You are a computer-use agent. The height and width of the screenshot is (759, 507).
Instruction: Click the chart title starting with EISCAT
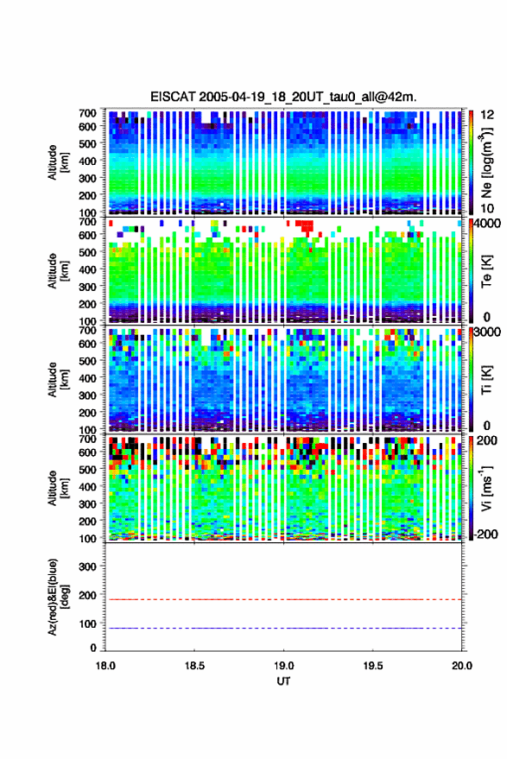283,97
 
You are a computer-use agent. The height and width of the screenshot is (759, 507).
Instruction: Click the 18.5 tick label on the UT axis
194,666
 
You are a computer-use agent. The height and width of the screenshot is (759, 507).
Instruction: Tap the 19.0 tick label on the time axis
283,666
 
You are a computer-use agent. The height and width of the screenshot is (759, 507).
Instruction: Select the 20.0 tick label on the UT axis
461,666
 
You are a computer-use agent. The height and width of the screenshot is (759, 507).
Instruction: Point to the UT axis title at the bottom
283,681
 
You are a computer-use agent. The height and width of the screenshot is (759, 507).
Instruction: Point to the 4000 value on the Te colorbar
487,224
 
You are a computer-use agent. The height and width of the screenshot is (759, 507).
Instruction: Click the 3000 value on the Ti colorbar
487,332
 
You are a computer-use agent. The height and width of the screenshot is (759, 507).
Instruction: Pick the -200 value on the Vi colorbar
485,534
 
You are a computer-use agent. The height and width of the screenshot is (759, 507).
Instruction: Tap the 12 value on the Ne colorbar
488,115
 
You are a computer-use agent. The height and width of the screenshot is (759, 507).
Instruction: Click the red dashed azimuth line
283,599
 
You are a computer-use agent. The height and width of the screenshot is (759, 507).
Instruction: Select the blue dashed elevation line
283,629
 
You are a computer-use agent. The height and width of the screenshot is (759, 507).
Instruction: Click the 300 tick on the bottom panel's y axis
87,566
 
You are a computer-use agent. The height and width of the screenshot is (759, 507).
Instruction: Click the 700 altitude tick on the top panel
87,113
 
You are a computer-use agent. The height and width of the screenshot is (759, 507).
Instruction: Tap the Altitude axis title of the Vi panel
57,488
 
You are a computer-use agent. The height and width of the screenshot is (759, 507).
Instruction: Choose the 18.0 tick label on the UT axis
105,666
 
